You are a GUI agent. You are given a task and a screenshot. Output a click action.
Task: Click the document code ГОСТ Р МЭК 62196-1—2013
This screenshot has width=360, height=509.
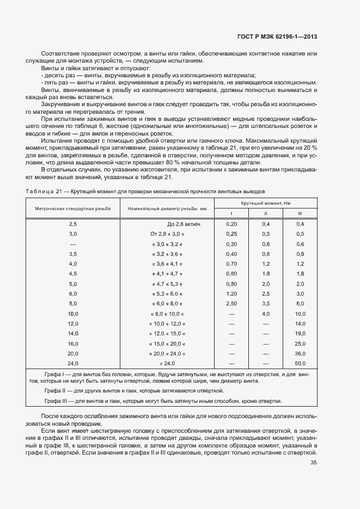pos(277,37)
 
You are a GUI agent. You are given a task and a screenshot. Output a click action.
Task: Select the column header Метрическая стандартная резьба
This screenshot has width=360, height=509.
pos(73,208)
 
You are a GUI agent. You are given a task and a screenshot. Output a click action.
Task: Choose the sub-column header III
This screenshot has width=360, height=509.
pos(300,213)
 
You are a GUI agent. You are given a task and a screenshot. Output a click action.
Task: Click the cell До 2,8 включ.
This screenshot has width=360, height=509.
pos(184,224)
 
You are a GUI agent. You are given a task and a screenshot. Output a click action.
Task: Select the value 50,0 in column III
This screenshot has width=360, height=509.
pos(300,363)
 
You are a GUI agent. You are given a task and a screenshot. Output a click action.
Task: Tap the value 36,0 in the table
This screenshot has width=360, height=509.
pos(300,353)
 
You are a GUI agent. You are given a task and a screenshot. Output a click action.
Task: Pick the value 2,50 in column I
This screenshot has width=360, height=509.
pos(231,303)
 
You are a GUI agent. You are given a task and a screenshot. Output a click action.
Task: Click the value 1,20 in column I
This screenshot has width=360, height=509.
pos(231,293)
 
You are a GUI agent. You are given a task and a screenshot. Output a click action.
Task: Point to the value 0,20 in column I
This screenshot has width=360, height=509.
pos(231,224)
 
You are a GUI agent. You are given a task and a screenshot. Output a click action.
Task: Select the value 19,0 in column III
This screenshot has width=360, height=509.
pos(300,333)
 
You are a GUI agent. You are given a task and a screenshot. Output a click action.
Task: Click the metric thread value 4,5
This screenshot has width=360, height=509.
pos(73,274)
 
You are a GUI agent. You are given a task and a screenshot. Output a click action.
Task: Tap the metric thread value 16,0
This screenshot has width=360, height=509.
pos(73,344)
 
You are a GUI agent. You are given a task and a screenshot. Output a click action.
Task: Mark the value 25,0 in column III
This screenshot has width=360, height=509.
pos(300,344)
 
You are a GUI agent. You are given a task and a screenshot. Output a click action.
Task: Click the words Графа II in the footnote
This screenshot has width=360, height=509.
pos(54,391)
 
